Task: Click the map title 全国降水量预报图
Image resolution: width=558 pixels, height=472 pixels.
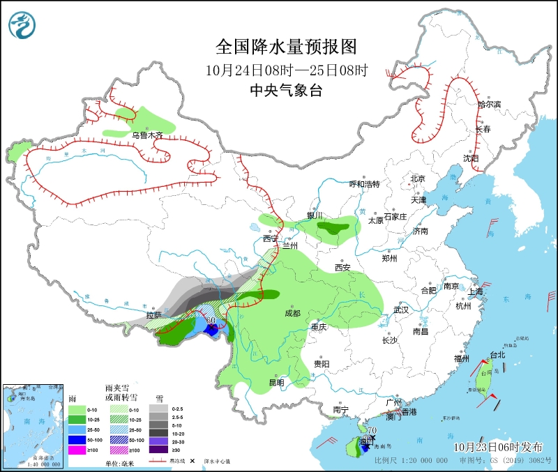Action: pos(286,47)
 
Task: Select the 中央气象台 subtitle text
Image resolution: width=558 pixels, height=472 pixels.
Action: pos(286,90)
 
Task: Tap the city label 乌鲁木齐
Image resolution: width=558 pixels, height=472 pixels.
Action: pos(146,135)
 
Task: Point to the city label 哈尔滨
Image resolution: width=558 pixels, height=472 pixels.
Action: pos(489,104)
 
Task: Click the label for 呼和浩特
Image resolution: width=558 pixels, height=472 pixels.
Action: pos(364,184)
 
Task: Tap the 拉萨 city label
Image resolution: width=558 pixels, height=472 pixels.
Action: pos(153,315)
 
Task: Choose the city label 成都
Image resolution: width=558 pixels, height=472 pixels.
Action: pos(292,313)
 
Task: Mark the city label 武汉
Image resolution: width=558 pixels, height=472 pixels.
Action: pos(401,309)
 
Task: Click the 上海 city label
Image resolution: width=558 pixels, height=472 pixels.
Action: pos(476,291)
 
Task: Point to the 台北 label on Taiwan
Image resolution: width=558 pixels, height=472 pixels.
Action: pos(497,355)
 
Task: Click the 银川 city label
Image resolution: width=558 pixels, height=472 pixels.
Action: pos(316,215)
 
